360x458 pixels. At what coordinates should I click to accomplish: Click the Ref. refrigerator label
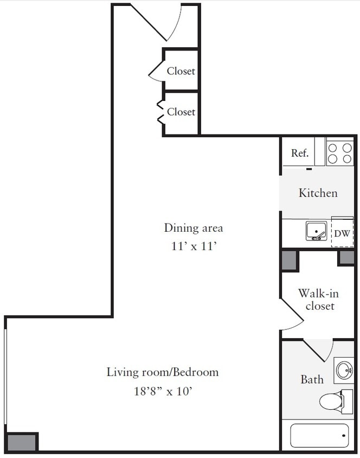click(300, 153)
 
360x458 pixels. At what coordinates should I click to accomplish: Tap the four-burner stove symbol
click(340, 152)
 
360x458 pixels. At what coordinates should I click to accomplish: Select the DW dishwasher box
click(342, 233)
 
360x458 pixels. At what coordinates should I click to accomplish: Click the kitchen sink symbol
click(316, 231)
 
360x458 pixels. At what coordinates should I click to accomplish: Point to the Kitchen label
click(318, 193)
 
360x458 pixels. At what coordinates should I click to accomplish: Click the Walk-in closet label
click(319, 300)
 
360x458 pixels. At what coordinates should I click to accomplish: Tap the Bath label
click(312, 379)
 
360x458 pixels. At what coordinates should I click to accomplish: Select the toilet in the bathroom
click(331, 401)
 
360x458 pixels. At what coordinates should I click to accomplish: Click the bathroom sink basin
click(344, 371)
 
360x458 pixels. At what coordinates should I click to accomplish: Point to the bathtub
click(319, 435)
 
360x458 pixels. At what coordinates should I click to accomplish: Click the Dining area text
click(194, 227)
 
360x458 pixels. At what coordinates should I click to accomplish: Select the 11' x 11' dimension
click(194, 246)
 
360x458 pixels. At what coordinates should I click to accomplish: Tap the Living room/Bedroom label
click(162, 372)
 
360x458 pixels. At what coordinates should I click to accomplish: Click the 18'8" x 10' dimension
click(163, 391)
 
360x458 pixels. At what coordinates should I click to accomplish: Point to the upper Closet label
click(181, 71)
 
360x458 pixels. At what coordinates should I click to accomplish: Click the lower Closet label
click(181, 112)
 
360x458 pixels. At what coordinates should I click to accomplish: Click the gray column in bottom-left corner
click(22, 442)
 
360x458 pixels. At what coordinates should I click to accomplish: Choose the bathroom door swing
click(319, 349)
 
